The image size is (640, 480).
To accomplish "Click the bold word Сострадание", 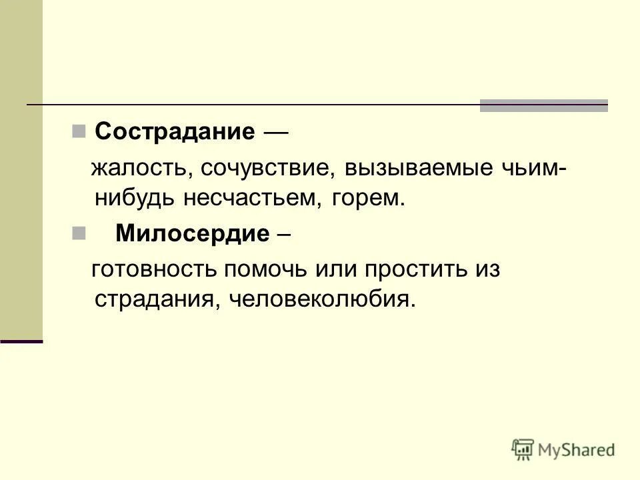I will pos(175,131).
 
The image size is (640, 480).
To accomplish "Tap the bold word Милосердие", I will pos(193,233).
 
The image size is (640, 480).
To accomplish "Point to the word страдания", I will pos(154,299).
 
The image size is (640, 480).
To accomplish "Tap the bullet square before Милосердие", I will pos(79,233).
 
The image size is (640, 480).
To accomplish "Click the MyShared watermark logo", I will pos(563,449).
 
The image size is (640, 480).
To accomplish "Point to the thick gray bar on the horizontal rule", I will pos(544,105).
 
